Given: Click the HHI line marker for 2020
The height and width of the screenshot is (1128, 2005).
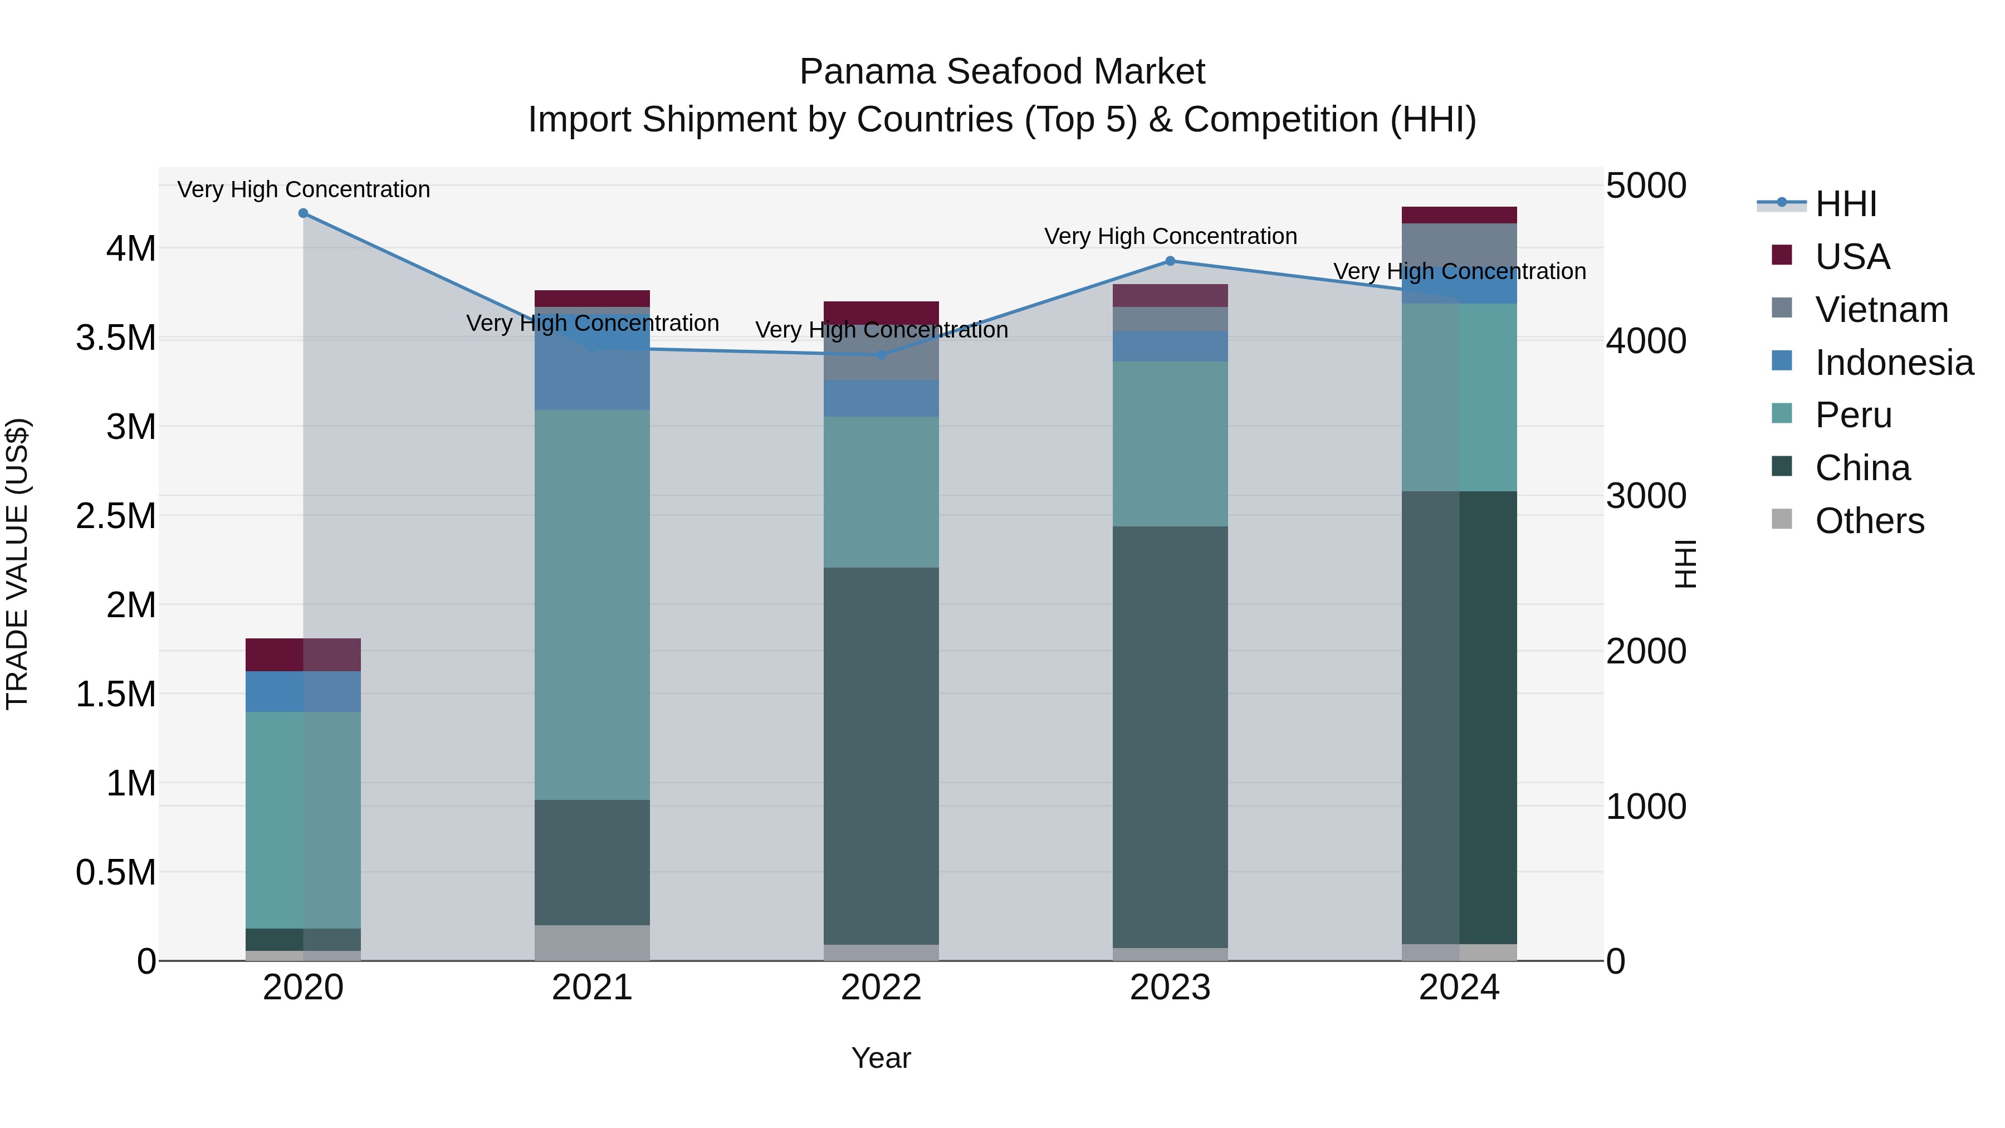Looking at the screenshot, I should point(304,213).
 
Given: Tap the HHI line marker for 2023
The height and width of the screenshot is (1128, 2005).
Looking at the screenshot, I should point(1170,261).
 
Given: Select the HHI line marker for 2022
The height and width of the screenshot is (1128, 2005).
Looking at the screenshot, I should point(881,355).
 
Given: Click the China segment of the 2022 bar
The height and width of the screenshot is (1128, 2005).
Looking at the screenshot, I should point(881,755).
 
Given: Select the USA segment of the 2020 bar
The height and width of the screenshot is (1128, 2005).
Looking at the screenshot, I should point(304,655).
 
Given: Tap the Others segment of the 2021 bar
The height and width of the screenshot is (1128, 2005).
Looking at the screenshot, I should point(593,942).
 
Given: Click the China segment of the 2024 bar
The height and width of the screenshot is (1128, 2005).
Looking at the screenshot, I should point(1459,717).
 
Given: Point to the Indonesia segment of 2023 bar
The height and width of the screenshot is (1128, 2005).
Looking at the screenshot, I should point(1170,346).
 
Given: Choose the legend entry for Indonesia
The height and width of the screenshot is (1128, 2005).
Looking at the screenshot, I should point(1893,362).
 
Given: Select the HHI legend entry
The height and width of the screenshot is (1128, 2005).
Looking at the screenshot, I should point(1845,204).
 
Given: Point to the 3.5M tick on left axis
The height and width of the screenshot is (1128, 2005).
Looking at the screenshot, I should point(115,338).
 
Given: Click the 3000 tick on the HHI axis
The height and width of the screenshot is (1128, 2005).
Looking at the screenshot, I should point(1646,496).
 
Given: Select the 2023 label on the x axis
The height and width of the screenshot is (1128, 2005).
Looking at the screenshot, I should point(1170,987).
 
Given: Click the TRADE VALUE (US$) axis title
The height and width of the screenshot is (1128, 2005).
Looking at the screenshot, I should point(17,564).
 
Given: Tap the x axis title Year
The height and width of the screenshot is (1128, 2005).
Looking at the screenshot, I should point(881,1058).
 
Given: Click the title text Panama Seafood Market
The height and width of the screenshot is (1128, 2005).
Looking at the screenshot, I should point(1002,72).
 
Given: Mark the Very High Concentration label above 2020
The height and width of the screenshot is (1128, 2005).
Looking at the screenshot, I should point(304,189).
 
